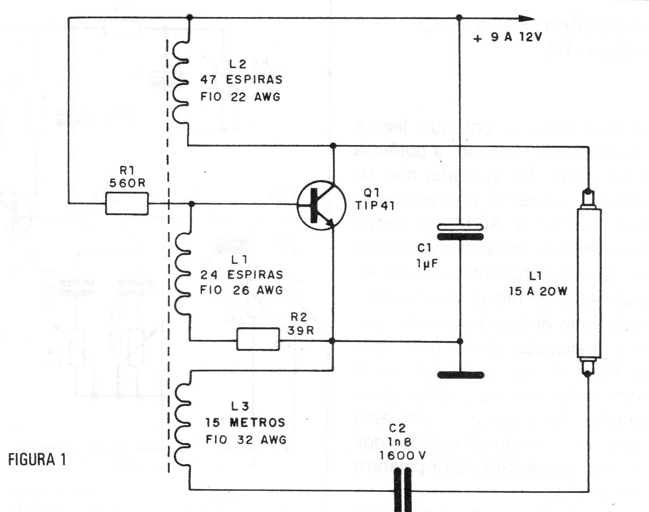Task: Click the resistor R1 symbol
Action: [126, 203]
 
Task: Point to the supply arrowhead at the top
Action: [526, 18]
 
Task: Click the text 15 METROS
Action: [245, 423]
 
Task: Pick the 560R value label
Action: [126, 184]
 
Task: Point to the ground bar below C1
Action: [460, 375]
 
